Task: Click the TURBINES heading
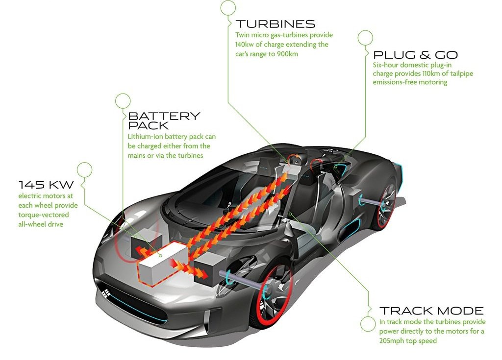click(x=276, y=24)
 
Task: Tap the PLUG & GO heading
click(x=416, y=55)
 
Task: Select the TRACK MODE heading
click(x=431, y=311)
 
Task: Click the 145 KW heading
click(x=46, y=185)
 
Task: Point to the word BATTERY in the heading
click(x=164, y=116)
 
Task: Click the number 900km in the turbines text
click(x=287, y=54)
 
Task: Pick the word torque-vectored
click(x=44, y=215)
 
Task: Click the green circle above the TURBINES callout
click(x=228, y=8)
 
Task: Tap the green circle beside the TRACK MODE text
click(x=368, y=324)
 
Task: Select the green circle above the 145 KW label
click(x=84, y=170)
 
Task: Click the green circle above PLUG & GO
click(x=365, y=38)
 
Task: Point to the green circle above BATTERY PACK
click(x=123, y=101)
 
